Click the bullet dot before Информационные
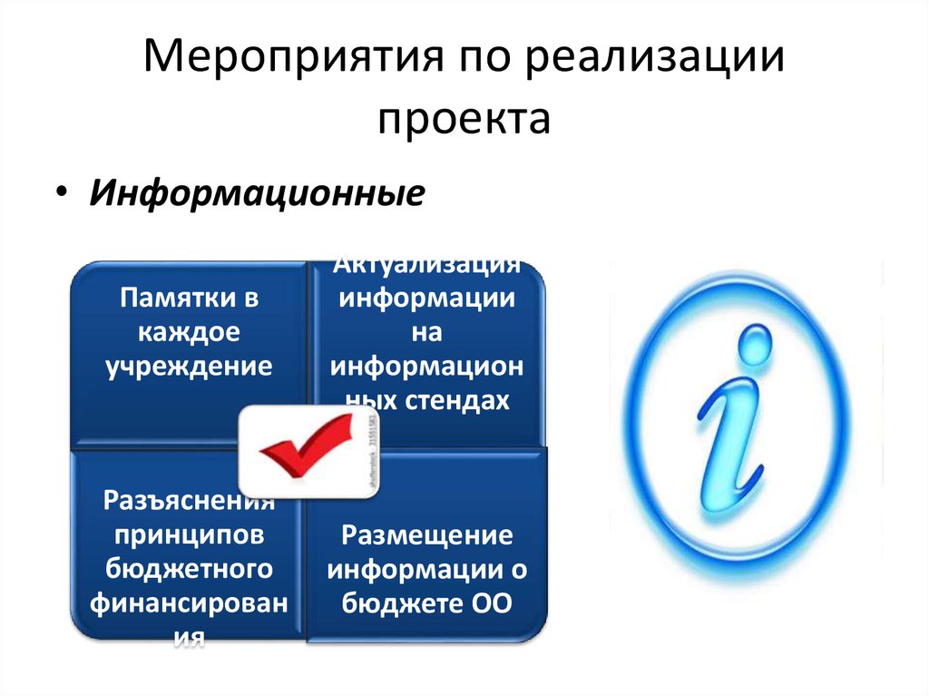point(60,194)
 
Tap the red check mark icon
point(305,447)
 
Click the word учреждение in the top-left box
point(189,366)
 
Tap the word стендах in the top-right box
point(465,400)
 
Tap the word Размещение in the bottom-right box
point(426,534)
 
